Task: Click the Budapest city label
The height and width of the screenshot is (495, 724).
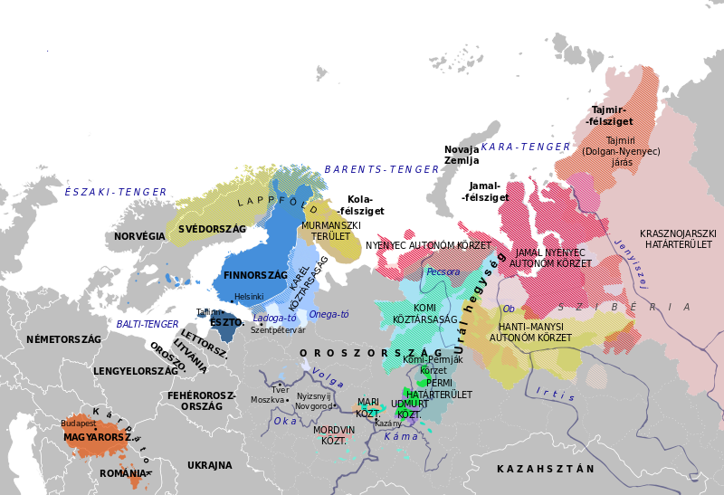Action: point(78,424)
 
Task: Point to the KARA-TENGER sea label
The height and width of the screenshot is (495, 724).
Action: point(525,147)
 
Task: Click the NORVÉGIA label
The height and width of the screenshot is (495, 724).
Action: point(140,236)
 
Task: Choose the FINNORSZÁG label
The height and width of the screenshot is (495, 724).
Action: point(255,275)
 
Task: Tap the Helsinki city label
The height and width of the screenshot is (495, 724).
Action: point(249,297)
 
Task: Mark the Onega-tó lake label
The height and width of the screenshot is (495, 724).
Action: point(329,314)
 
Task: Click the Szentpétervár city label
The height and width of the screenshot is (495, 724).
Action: point(278,329)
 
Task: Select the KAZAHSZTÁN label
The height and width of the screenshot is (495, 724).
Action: point(546,469)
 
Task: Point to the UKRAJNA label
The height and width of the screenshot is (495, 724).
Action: point(209,465)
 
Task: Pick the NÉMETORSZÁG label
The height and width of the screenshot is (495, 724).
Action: point(63,339)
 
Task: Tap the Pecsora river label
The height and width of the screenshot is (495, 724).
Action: point(443,271)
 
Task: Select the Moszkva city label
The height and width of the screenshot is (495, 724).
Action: point(268,400)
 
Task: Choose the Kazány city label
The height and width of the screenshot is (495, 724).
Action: point(387,424)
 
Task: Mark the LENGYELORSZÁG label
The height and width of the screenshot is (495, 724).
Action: point(136,371)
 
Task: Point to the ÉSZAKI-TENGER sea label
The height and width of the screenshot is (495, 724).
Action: point(116,192)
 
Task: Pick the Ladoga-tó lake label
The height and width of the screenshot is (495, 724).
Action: point(274,319)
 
